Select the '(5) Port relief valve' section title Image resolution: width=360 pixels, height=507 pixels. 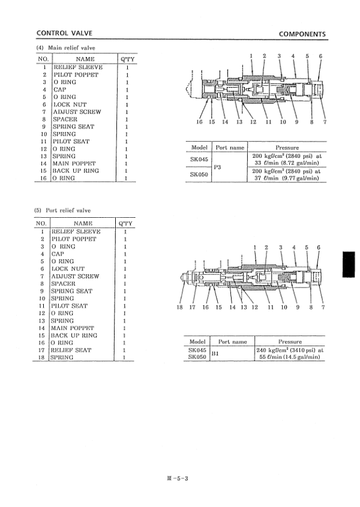click(x=65, y=211)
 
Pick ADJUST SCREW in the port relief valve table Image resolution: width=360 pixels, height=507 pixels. click(x=76, y=276)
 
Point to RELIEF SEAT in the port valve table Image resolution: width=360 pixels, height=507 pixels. click(x=71, y=350)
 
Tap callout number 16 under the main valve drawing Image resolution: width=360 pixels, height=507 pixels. click(x=200, y=122)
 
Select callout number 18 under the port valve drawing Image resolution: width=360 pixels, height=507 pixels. click(x=179, y=307)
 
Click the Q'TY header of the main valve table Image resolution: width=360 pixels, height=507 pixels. click(x=127, y=59)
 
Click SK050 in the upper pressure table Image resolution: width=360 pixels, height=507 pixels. click(x=199, y=175)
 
